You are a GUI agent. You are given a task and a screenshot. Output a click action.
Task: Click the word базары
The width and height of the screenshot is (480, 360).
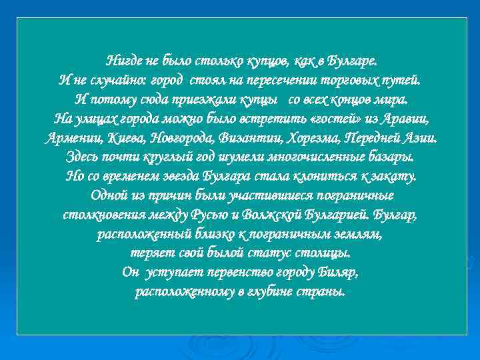pyautogui.click(x=389, y=158)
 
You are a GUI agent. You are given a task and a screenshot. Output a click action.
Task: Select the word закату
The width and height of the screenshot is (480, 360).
pyautogui.click(x=395, y=177)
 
